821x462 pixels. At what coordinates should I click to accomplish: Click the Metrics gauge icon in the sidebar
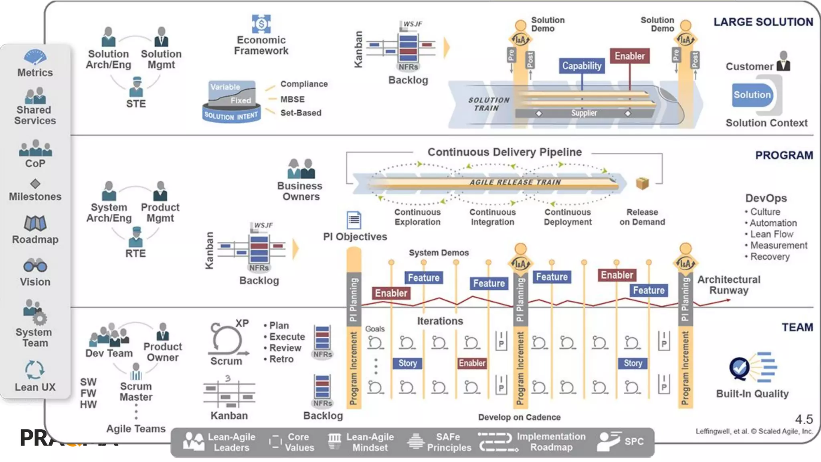point(35,57)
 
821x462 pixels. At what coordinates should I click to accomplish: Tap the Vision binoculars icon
point(35,265)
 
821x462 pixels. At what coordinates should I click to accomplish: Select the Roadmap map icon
point(35,223)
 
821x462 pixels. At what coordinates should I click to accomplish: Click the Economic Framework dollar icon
point(261,24)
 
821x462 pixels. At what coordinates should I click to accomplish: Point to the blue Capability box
point(582,66)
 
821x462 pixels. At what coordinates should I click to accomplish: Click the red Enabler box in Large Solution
point(629,56)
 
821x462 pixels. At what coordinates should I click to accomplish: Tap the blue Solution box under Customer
point(752,95)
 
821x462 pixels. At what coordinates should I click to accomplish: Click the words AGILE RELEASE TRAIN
point(515,182)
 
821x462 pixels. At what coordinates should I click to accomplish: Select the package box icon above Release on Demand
point(642,183)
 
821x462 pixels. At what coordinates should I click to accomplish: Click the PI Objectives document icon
point(354,220)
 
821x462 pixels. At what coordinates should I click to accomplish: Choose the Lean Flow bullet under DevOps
point(771,234)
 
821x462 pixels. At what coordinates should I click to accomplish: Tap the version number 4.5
point(804,419)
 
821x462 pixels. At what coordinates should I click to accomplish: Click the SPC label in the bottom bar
point(634,442)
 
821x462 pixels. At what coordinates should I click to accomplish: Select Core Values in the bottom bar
point(299,442)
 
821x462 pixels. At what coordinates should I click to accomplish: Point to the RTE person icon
point(136,237)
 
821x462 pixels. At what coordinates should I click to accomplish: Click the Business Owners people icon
point(301,169)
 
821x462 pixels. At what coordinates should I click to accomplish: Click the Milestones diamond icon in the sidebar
point(35,184)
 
